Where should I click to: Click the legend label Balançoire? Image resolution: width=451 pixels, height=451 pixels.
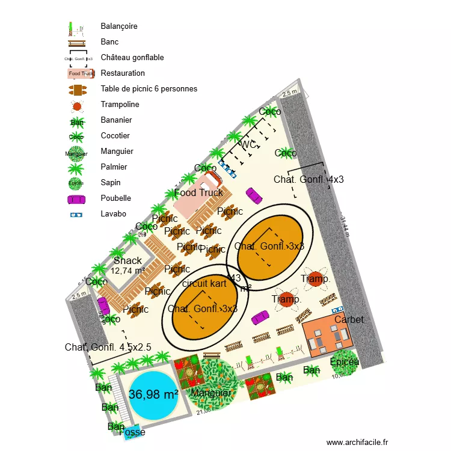click(119, 26)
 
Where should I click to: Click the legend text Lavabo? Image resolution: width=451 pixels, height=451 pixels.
click(114, 213)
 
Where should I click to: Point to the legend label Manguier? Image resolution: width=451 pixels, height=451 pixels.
click(117, 152)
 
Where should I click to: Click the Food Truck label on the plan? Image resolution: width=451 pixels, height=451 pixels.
click(198, 193)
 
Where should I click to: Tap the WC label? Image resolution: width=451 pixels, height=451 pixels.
click(248, 145)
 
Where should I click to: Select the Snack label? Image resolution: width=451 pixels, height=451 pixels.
click(127, 260)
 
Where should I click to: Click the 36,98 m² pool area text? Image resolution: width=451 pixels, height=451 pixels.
click(153, 394)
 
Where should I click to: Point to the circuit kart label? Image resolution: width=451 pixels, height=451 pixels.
click(204, 284)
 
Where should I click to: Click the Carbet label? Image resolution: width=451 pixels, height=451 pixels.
click(349, 319)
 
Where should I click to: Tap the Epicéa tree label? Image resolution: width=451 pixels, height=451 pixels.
click(345, 361)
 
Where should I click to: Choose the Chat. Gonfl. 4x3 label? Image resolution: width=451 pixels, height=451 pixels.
click(308, 179)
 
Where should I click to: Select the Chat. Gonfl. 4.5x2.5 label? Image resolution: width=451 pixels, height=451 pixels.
click(108, 348)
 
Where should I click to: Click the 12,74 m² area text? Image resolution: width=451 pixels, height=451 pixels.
click(127, 271)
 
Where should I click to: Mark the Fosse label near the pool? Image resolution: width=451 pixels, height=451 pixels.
click(132, 432)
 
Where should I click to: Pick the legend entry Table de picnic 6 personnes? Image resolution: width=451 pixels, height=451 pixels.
click(149, 89)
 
